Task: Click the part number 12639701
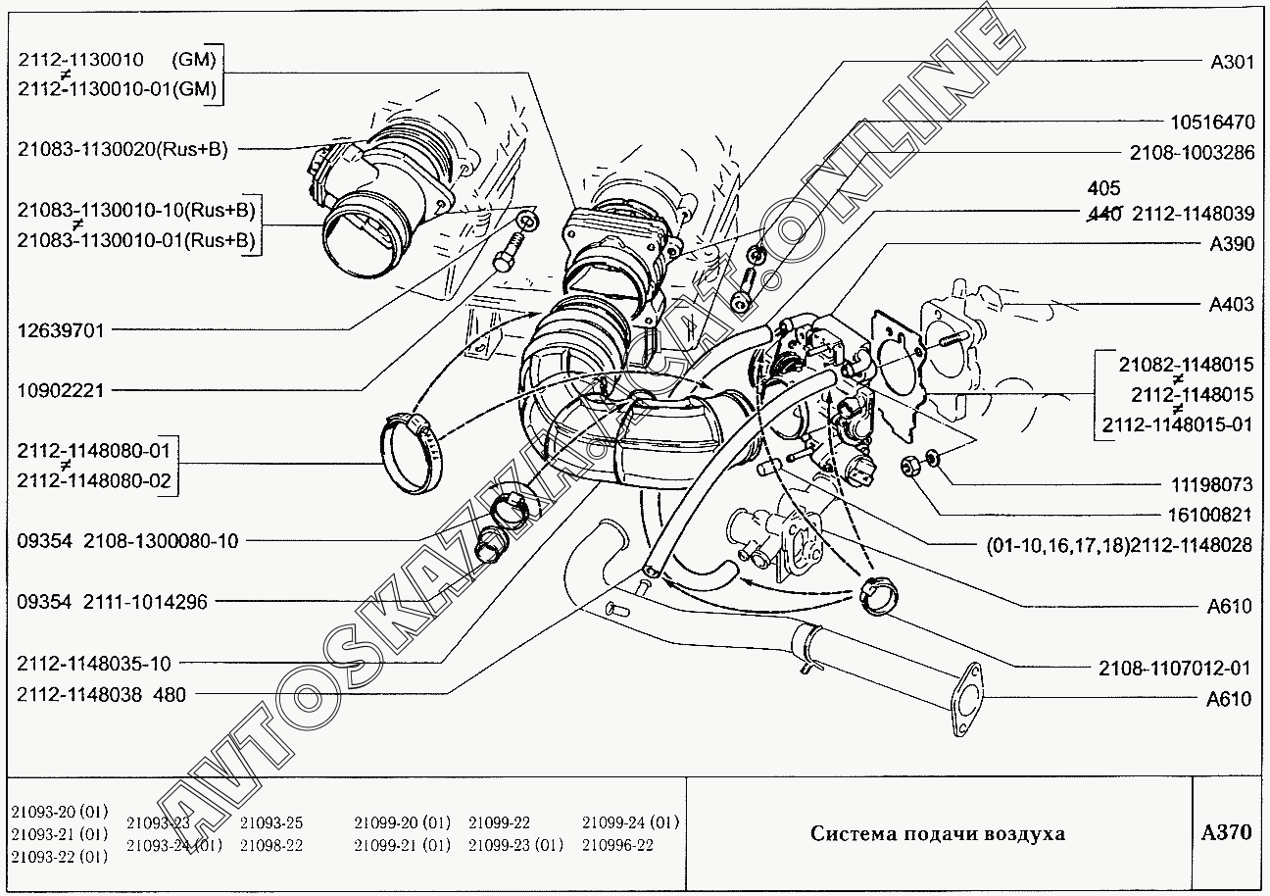point(61,330)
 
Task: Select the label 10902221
point(61,390)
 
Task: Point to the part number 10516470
point(1211,124)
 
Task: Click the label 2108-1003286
point(1191,154)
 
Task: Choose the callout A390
point(1232,245)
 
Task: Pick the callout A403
point(1232,305)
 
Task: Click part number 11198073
point(1211,485)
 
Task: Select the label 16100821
point(1211,515)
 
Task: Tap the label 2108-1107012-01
point(1175,669)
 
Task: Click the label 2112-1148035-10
point(93,664)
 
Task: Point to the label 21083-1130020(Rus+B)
point(122,150)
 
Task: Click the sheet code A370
point(1226,833)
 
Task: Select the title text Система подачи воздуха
point(937,834)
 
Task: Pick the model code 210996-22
point(617,845)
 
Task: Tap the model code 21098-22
point(271,845)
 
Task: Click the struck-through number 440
point(1105,215)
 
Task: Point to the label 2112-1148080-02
point(93,480)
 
